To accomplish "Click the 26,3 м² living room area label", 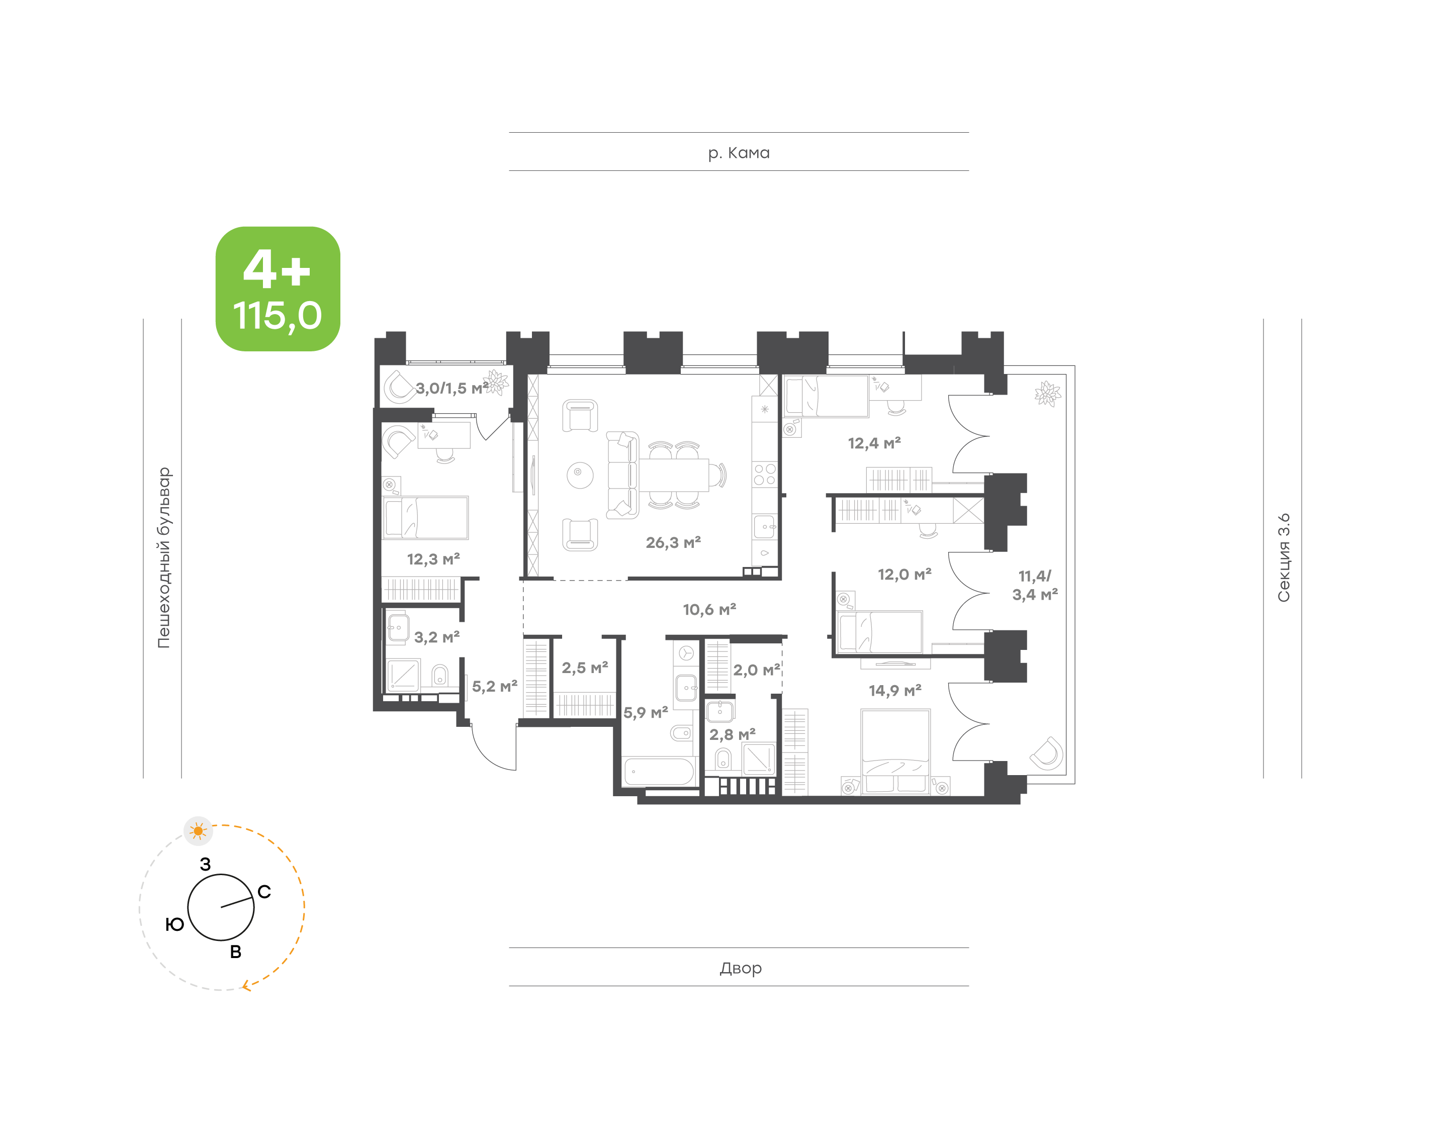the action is point(673,543).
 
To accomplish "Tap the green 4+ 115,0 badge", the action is point(278,289).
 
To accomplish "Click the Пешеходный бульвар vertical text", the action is point(163,557).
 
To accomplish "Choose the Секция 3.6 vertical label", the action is point(1283,557).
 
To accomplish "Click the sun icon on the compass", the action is point(198,831).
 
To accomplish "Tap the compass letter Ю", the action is point(174,924).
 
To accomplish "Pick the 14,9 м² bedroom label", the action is point(894,690).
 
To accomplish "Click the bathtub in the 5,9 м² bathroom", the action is point(659,772).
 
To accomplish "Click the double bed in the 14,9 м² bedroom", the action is point(895,751).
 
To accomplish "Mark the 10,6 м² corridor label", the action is point(709,609).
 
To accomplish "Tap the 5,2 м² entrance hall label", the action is point(494,687).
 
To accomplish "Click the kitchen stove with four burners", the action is point(764,474).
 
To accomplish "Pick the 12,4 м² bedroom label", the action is point(874,443).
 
